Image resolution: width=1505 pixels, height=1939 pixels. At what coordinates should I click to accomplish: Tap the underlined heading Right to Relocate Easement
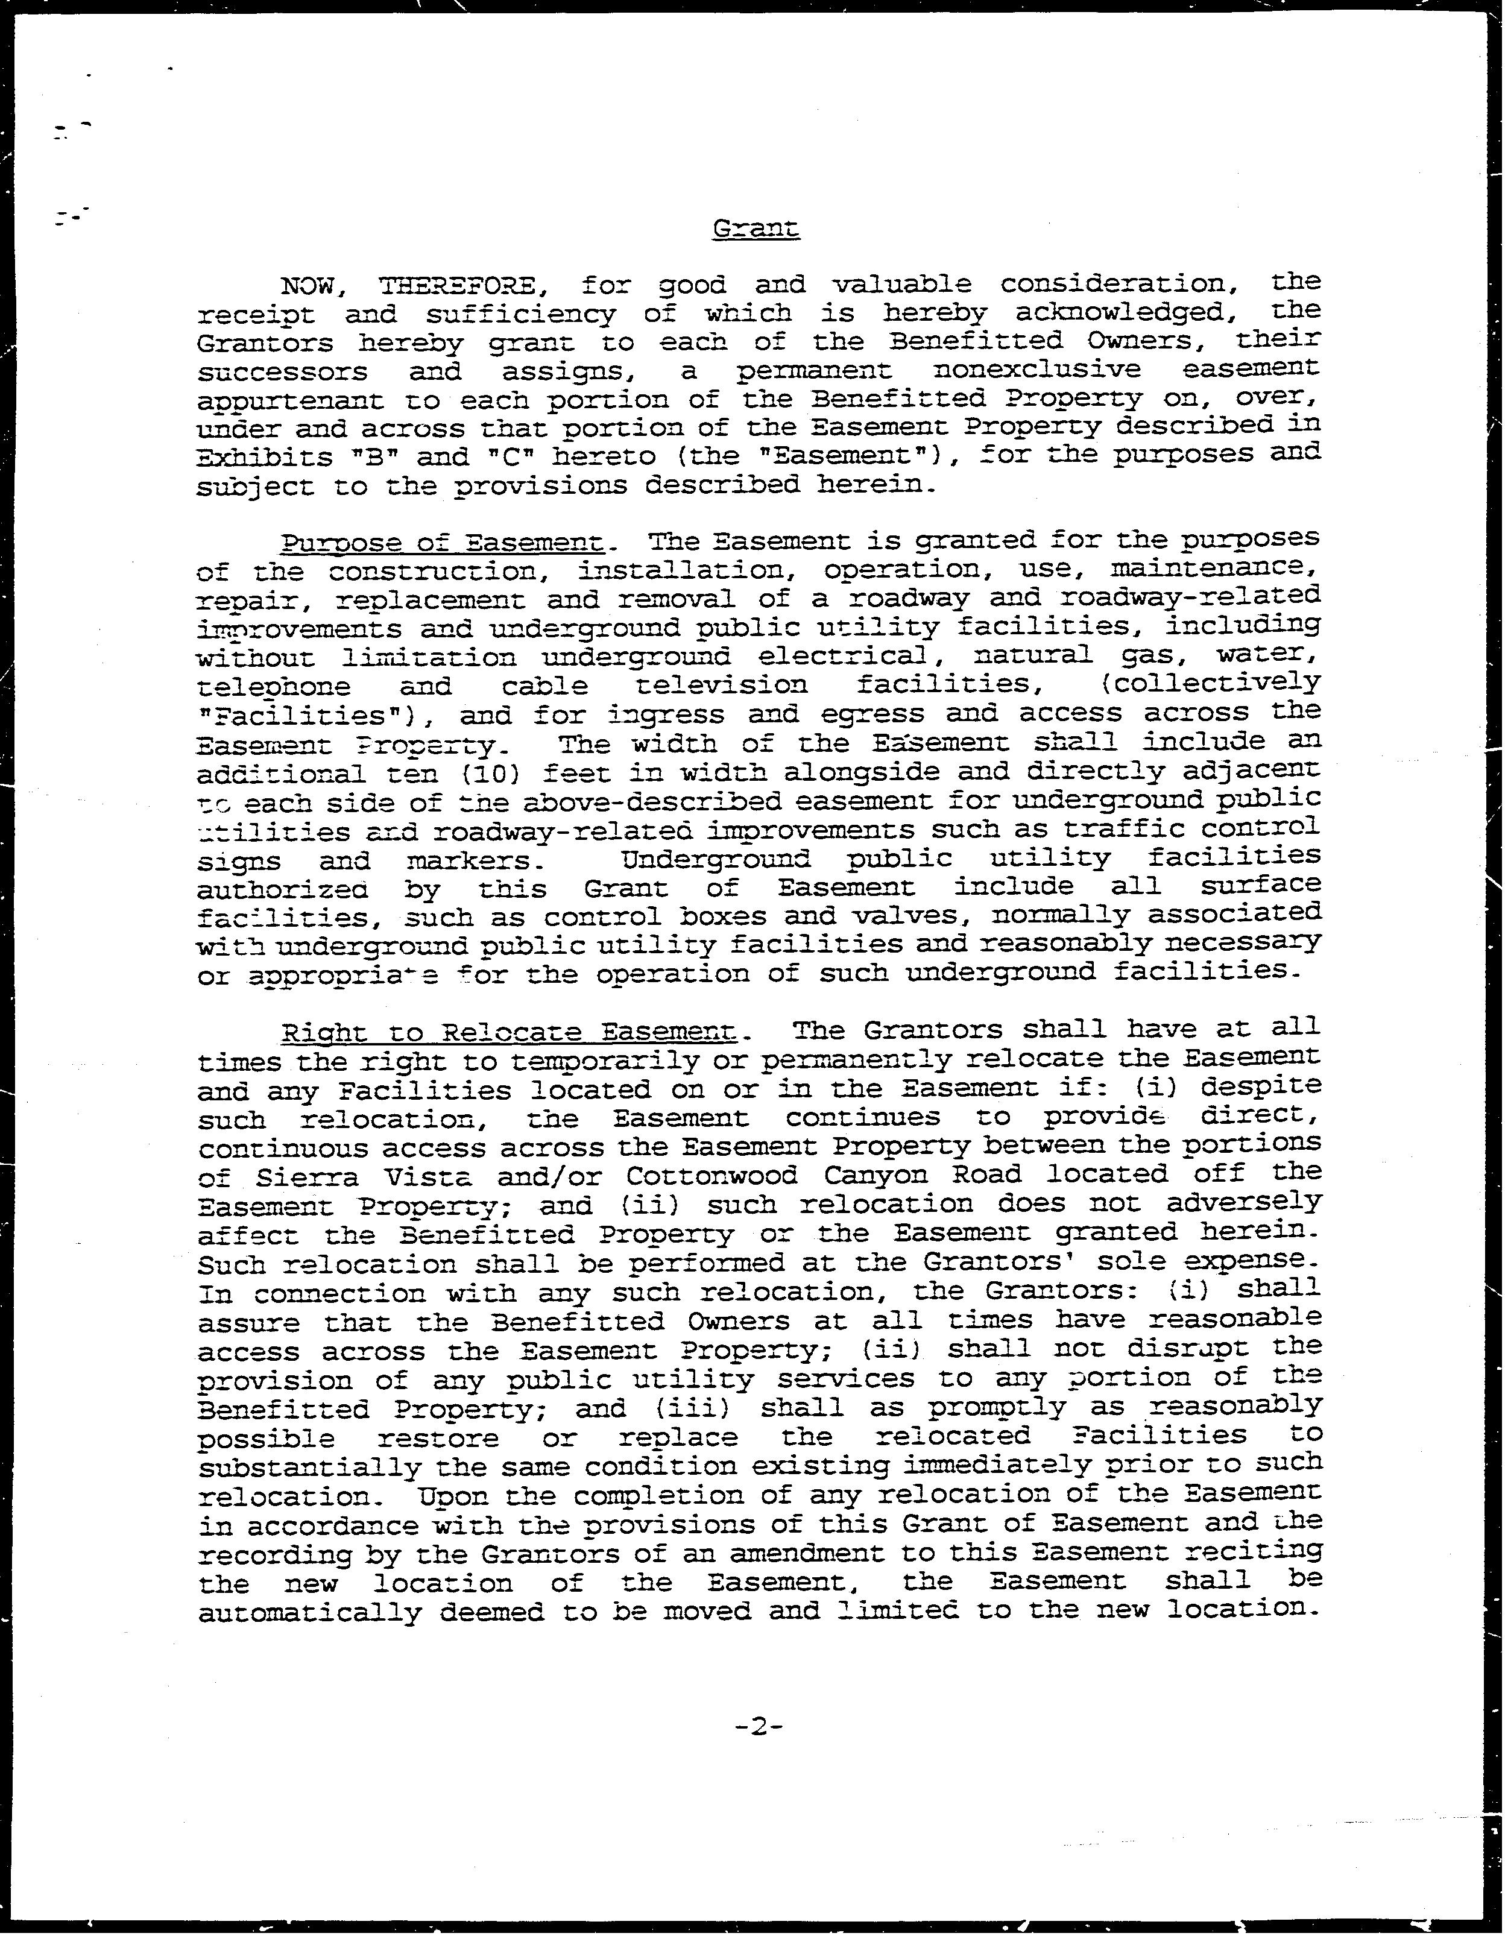[509, 1032]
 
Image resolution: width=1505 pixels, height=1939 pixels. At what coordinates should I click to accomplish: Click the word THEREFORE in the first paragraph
[456, 286]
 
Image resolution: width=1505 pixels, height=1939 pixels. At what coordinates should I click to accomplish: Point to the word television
[722, 686]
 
